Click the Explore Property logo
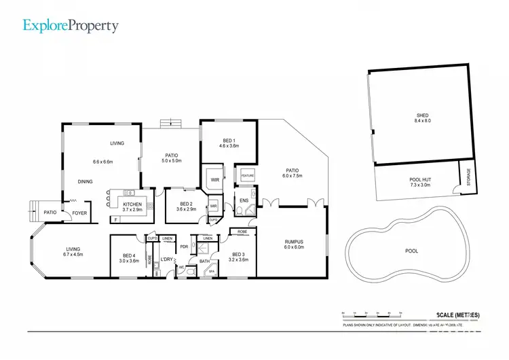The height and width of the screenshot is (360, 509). [71, 26]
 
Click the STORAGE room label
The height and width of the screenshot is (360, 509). [468, 177]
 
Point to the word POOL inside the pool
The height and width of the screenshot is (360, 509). [412, 251]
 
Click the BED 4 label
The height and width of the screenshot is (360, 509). [129, 256]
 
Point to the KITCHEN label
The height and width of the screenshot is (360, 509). [132, 205]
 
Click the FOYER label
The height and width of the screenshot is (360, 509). [79, 213]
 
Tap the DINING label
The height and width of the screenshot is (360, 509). [85, 181]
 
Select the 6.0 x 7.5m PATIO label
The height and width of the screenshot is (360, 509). [293, 173]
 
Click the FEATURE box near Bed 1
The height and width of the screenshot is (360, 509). [247, 176]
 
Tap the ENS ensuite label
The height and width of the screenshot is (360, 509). [244, 201]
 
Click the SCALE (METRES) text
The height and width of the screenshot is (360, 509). [455, 315]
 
